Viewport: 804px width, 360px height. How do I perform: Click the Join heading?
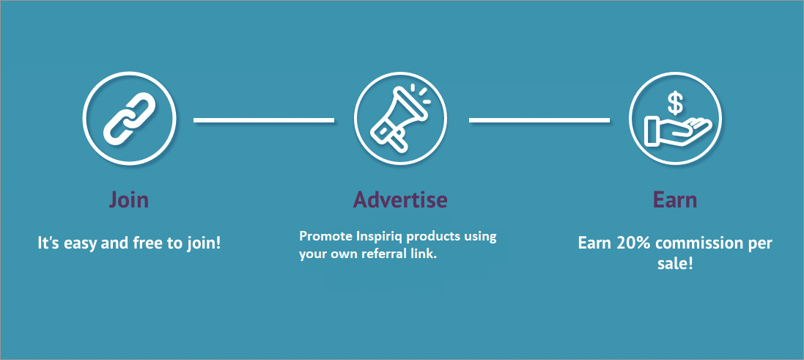tap(129, 200)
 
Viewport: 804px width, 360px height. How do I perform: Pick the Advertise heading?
tap(400, 199)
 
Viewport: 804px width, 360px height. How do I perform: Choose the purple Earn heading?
tap(675, 199)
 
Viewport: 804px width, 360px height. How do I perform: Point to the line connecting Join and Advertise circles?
tap(264, 120)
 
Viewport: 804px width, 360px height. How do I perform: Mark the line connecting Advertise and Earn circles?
tap(539, 120)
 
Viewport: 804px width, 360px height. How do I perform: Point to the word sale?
tap(675, 265)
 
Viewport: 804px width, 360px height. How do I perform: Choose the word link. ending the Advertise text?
tap(424, 254)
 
